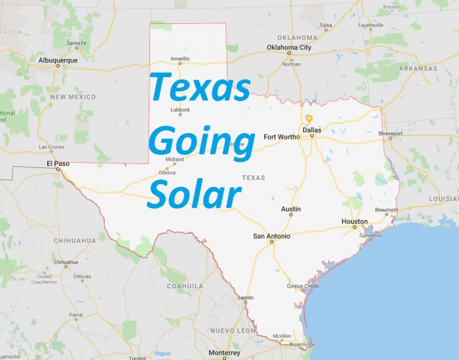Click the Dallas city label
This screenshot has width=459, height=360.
coord(311,130)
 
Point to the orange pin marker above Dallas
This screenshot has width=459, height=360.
coord(309,118)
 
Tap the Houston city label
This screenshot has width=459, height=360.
coord(354,221)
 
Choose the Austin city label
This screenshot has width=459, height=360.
coord(291,209)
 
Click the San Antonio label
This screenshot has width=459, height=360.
coord(272,236)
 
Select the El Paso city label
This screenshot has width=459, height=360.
coord(58,162)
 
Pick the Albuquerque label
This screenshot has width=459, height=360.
coord(58,60)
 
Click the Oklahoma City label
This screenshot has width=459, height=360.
coord(289,47)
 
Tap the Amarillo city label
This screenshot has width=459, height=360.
coord(180,59)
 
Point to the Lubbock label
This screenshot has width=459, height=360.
coord(180,109)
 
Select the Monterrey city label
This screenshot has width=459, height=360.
coord(225,353)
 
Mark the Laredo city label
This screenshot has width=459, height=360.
coord(246,297)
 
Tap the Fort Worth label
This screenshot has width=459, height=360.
coord(281,136)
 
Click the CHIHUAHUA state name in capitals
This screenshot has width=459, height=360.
coord(75,240)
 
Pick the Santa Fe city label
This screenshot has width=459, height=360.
coord(77,43)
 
